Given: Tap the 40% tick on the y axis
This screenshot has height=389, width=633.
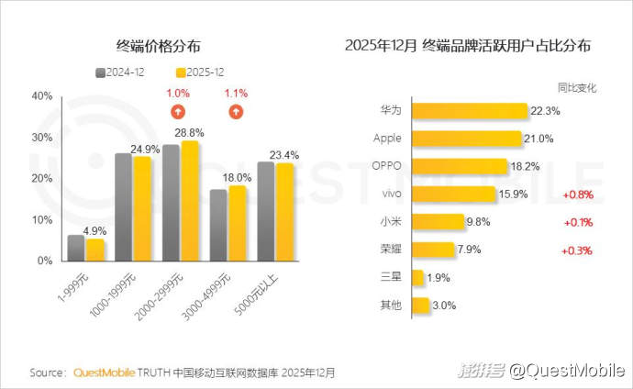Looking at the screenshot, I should coord(41,95).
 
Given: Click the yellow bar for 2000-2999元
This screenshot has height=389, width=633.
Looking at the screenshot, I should coord(190,201).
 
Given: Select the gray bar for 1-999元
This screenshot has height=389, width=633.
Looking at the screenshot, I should coord(76,248).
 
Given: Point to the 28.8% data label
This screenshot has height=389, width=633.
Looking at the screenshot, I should coord(190,133).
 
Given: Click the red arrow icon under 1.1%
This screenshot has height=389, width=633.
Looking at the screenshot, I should coord(236,112).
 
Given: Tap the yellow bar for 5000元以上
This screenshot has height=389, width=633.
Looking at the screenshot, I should coord(285,212).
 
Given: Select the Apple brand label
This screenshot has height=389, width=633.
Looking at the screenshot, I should coord(387,139).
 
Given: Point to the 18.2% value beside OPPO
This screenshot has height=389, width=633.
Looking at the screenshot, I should coord(525,166).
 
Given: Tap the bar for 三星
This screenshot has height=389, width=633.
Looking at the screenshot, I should coord(417,277).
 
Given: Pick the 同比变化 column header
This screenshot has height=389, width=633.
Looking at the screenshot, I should coord(577,88).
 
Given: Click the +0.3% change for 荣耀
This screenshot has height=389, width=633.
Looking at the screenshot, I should coord(577,250).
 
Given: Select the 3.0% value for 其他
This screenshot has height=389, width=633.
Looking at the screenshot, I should coord(444,305).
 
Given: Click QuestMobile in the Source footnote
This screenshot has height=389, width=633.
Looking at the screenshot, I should coord(102,372).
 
